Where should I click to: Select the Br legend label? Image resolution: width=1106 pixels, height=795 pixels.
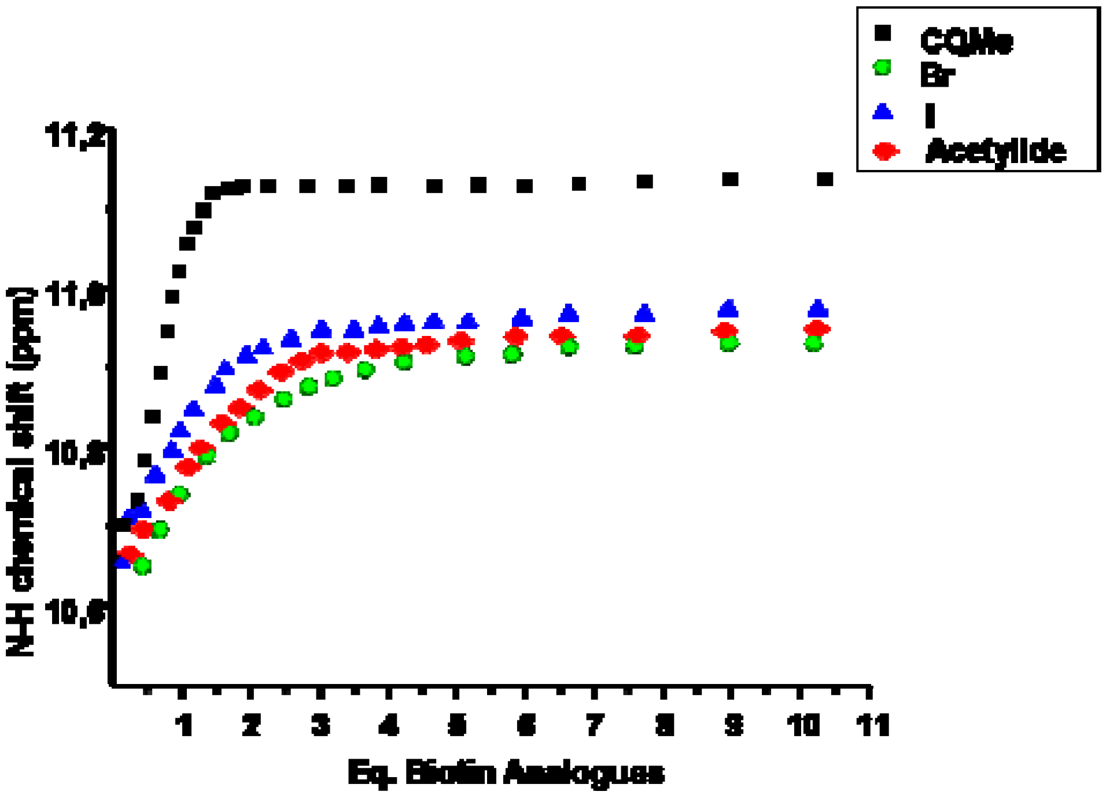click(937, 75)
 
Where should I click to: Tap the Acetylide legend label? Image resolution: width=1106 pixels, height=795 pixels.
click(996, 151)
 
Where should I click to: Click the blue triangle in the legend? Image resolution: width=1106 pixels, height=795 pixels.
click(883, 112)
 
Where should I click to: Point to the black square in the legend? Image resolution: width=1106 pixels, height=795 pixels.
click(883, 33)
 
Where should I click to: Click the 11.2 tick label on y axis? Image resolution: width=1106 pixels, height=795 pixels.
click(76, 136)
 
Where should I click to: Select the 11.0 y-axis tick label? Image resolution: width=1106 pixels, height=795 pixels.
click(76, 295)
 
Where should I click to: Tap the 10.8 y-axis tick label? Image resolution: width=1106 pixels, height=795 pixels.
click(76, 453)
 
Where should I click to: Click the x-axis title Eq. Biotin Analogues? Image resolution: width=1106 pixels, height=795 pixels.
click(506, 773)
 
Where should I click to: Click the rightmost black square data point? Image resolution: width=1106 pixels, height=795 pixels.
click(825, 179)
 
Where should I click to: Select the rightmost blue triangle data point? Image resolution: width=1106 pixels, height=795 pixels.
click(818, 309)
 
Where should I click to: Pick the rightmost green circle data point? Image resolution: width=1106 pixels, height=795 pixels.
click(814, 343)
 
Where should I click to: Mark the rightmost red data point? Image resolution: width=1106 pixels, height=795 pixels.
click(817, 329)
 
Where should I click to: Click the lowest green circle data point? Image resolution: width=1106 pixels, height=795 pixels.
click(142, 566)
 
